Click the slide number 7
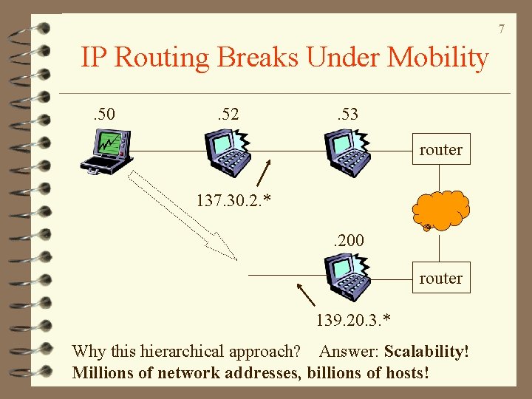[x=501, y=29]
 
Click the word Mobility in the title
[x=437, y=57]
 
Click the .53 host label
[x=346, y=115]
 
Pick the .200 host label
[x=347, y=239]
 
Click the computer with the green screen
[x=107, y=151]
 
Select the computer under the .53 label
[x=347, y=151]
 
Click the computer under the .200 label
[x=347, y=276]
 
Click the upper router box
[x=440, y=150]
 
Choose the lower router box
[x=440, y=279]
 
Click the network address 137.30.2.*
[x=233, y=199]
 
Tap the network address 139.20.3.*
[x=353, y=320]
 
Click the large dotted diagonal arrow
[x=182, y=214]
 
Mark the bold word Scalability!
[x=426, y=351]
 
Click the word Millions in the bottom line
[x=103, y=372]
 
